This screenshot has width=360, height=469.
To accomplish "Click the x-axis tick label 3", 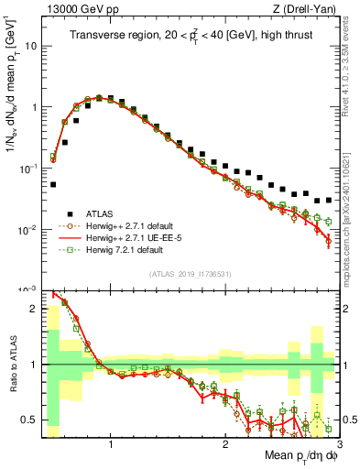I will [x=340, y=442].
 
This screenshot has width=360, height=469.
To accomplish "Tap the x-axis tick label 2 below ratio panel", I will [x=225, y=442].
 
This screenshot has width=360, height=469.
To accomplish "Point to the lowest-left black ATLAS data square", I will [x=52, y=184].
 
